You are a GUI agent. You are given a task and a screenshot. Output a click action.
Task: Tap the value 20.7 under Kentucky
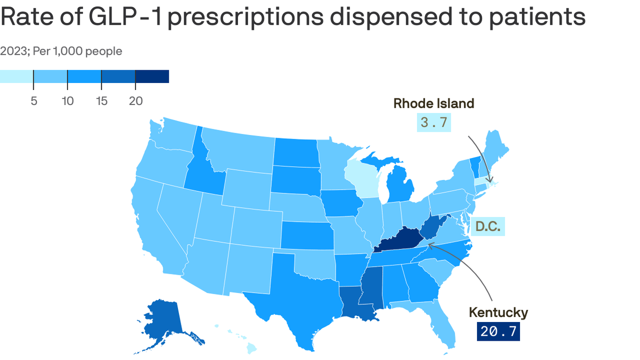pos(499,331)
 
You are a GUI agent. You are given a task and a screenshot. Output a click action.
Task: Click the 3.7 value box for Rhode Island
pos(434,123)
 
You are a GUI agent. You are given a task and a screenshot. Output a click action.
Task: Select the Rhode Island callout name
pos(433,103)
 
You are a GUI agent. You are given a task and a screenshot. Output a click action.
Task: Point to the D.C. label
pos(488,227)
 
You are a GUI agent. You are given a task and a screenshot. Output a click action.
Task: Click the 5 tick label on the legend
pos(34,101)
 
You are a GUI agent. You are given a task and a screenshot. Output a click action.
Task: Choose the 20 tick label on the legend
pos(135,101)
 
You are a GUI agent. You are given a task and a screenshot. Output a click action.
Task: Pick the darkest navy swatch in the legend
pos(152,76)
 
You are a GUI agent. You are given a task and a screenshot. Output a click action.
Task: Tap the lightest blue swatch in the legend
pos(16,76)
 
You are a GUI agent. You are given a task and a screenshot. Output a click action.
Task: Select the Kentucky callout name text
pos(499,312)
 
